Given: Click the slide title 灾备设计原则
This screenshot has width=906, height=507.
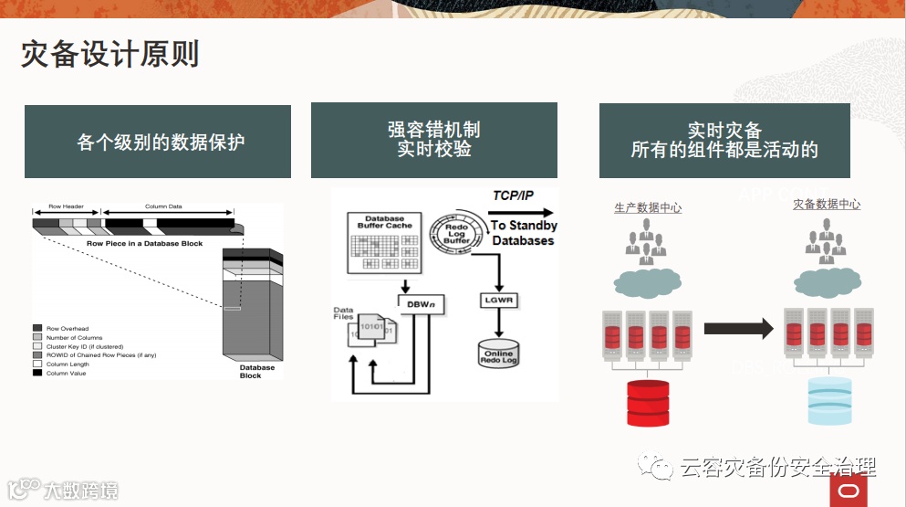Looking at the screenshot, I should tap(109, 55).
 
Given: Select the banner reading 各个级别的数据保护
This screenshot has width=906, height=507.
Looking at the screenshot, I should tap(158, 142).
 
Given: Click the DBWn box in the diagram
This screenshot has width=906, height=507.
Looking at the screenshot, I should tap(421, 303).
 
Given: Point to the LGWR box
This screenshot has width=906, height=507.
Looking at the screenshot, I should tap(499, 300).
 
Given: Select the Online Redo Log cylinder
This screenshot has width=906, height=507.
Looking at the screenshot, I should tap(498, 354).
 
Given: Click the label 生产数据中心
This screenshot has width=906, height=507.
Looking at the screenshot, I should tap(648, 208).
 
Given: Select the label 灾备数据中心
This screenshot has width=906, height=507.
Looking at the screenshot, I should tap(827, 205).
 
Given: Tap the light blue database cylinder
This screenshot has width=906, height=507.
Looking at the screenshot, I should tap(829, 400).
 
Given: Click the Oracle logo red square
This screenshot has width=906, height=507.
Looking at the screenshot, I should tap(849, 491).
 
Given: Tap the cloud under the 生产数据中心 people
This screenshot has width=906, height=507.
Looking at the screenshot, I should tap(647, 282).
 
